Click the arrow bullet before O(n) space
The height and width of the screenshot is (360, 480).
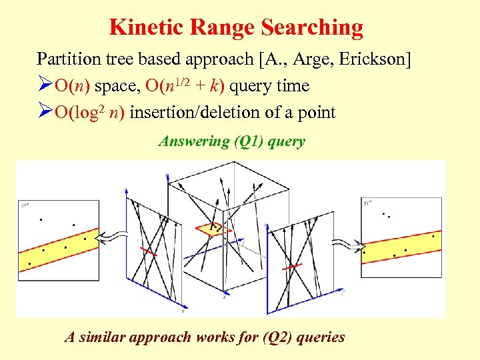[x=45, y=86]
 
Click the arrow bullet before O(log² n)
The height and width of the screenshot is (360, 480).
[x=45, y=112]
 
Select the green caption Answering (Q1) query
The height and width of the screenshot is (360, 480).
[x=231, y=141]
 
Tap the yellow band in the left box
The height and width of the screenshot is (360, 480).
[x=57, y=243]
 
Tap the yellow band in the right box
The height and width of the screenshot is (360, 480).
[x=400, y=245]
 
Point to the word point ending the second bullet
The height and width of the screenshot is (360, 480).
[x=316, y=112]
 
